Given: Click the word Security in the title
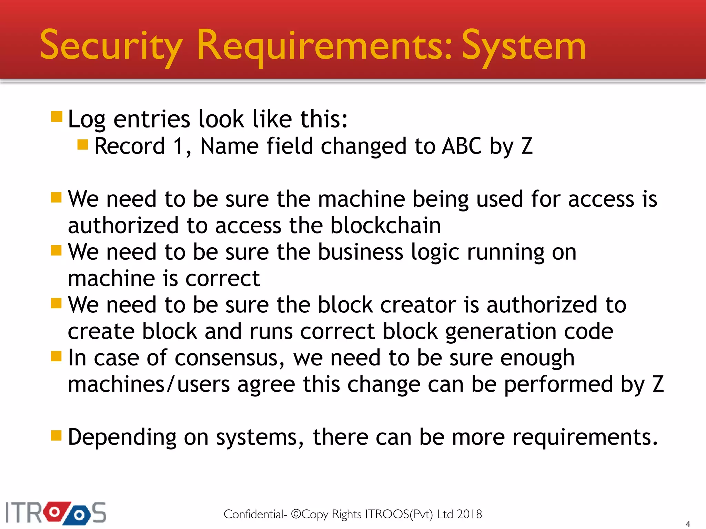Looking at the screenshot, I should point(111,46).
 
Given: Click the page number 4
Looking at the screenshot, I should point(687,524).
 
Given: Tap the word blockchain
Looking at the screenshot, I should point(385,226).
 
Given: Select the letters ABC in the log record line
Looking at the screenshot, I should point(462,146).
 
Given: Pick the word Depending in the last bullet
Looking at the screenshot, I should point(122,437).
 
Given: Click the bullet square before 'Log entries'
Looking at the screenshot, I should point(57,117).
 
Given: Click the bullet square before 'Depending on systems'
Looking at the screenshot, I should point(56,435).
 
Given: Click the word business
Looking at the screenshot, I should point(360,252).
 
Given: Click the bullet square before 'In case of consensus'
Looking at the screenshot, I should point(56,356).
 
